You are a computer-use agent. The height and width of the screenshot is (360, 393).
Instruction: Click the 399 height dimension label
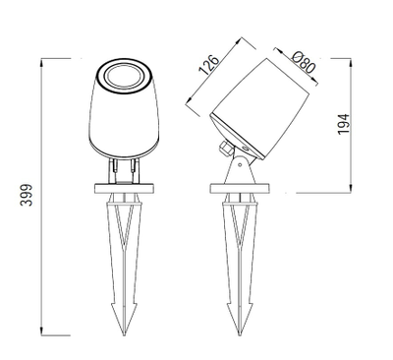27,195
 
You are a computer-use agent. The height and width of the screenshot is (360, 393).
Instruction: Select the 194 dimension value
344,124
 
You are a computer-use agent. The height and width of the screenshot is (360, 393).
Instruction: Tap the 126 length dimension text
208,65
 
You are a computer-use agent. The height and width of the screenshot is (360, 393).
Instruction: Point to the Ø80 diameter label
304,63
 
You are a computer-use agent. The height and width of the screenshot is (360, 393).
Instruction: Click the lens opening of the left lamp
125,77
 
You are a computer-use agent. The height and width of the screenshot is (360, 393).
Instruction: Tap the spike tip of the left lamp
124,334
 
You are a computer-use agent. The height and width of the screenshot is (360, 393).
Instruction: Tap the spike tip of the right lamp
240,334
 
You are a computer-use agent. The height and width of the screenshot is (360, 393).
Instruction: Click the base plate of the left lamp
125,189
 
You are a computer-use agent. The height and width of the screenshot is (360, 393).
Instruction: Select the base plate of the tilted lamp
240,189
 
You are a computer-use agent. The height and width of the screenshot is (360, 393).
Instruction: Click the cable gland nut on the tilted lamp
226,148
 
